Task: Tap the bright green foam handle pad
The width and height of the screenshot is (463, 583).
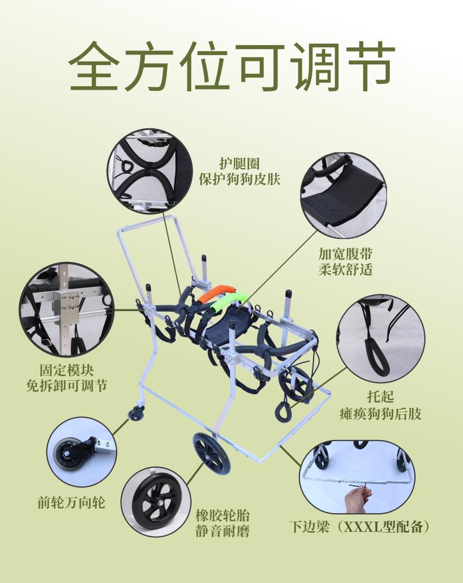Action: click(x=227, y=302)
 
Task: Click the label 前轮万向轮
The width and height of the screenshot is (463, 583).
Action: click(x=72, y=502)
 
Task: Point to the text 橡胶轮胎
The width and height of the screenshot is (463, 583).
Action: click(x=222, y=516)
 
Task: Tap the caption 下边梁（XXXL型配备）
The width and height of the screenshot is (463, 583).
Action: click(x=360, y=527)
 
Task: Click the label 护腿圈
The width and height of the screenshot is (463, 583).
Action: click(x=239, y=163)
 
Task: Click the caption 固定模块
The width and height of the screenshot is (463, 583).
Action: click(x=67, y=370)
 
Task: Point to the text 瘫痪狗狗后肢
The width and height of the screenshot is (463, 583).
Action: click(x=380, y=414)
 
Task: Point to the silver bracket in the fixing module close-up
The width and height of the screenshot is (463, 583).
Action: click(x=66, y=305)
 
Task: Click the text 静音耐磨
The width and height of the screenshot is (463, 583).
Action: click(x=222, y=531)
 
